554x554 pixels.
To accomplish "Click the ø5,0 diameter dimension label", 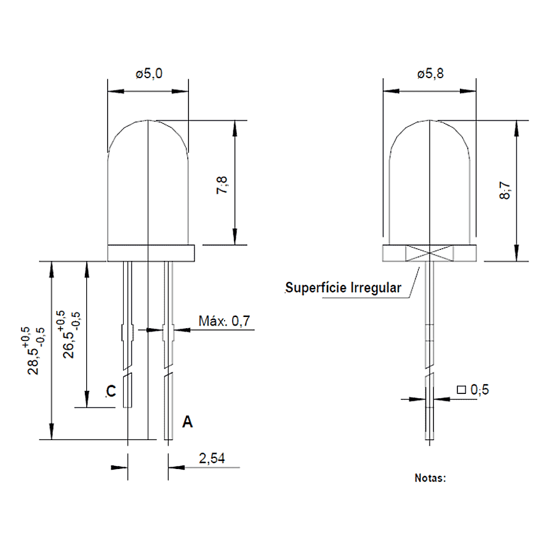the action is tap(149, 74).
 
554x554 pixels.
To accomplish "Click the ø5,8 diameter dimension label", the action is tap(430, 74).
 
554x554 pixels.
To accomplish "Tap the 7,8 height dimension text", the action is tap(222, 185).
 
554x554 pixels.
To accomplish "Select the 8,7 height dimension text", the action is tap(505, 190).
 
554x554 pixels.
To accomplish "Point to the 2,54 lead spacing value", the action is tap(212, 458).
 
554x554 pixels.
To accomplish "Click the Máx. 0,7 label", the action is tap(224, 321).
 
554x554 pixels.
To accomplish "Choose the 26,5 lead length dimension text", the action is tap(68, 345).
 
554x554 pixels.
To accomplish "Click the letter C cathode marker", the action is tap(111, 391).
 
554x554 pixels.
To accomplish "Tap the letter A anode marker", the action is tap(187, 422).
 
